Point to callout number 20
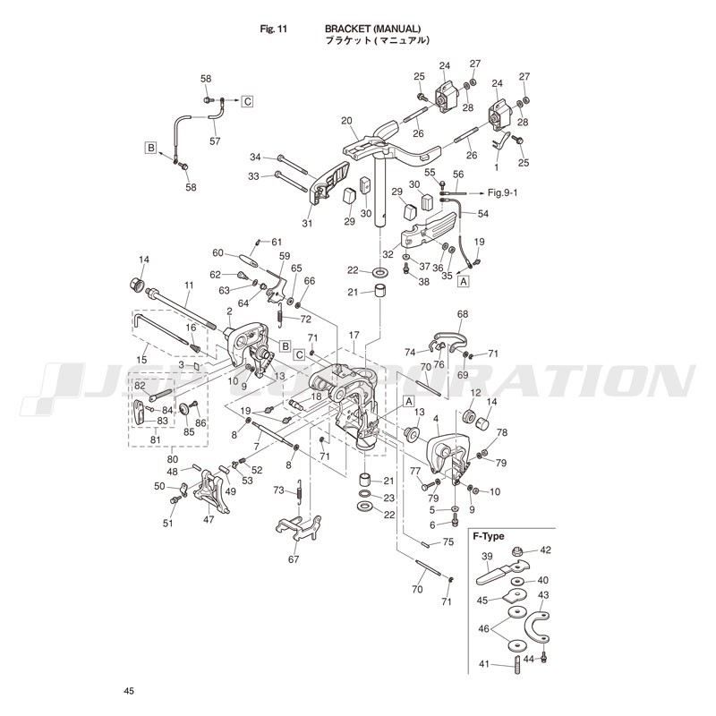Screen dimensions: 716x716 (346, 121)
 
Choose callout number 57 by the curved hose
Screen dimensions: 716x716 (215, 141)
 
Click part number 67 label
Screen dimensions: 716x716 (293, 559)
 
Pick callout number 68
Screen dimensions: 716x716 (463, 314)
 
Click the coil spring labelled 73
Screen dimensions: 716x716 (300, 490)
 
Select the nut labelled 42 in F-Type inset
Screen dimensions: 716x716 (524, 551)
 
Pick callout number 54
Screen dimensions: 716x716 (483, 215)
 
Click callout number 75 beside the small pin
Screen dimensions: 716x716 (448, 542)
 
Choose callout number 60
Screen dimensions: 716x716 (218, 253)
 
